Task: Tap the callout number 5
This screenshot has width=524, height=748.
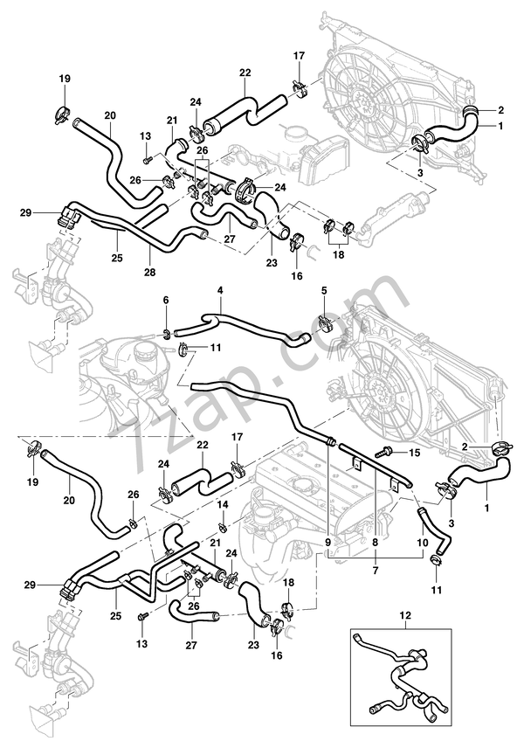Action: tap(323, 290)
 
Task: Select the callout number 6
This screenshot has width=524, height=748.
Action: tap(164, 301)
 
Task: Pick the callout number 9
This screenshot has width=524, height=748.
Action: tap(328, 542)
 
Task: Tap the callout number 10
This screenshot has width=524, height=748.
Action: tap(421, 542)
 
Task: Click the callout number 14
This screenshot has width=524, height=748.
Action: tap(222, 506)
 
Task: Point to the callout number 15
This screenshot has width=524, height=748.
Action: tap(414, 453)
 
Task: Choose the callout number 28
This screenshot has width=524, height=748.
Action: tap(149, 272)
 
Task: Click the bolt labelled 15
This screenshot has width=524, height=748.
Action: tap(383, 454)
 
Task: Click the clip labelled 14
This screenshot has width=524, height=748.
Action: tap(223, 526)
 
